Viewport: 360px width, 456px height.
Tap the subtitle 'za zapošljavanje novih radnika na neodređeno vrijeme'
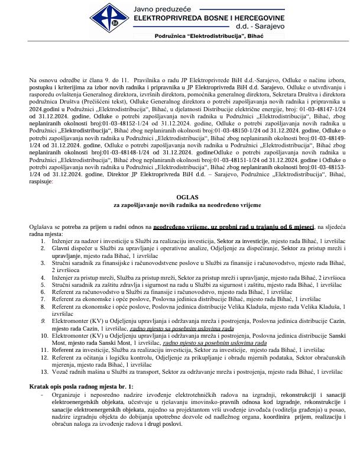tap(180, 204)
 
